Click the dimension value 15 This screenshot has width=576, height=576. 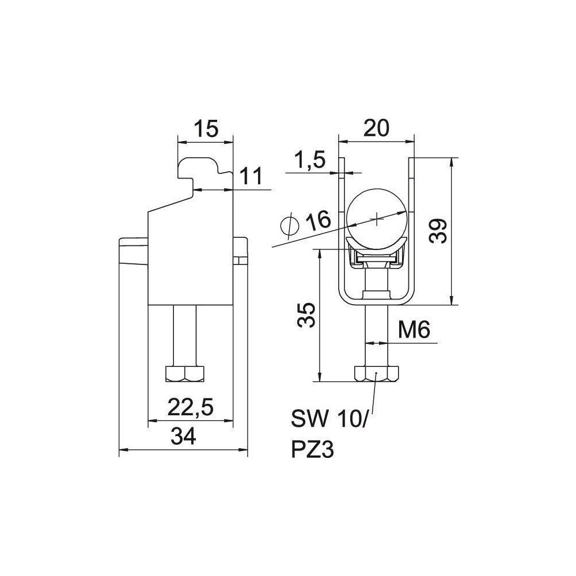pos(206,128)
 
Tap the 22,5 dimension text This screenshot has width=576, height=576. pos(191,408)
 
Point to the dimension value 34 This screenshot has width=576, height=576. pos(183,437)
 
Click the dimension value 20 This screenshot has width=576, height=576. pos(376,128)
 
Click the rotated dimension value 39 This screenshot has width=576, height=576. pos(438,231)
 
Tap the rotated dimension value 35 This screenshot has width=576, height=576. pos(306,315)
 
